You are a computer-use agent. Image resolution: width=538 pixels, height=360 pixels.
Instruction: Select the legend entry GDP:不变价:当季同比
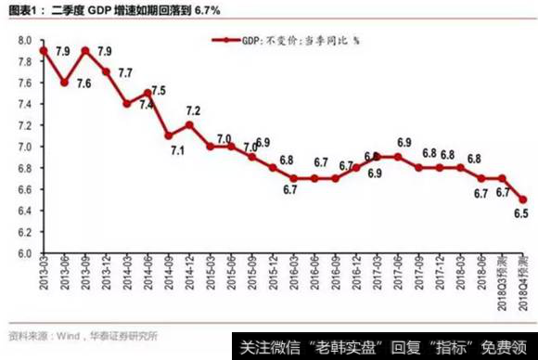click(x=297, y=41)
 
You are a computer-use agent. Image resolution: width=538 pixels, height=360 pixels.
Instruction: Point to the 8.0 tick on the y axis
click(x=24, y=41)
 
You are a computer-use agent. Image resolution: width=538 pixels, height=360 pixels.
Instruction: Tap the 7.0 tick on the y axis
click(x=24, y=147)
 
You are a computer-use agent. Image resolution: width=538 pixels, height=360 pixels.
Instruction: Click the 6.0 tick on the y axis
click(x=24, y=253)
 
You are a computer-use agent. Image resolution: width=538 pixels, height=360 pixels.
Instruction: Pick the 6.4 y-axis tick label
click(x=24, y=211)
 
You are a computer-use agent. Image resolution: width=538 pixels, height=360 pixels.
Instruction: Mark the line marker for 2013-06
click(x=64, y=83)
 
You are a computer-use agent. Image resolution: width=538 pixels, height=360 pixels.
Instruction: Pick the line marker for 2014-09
click(x=169, y=135)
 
